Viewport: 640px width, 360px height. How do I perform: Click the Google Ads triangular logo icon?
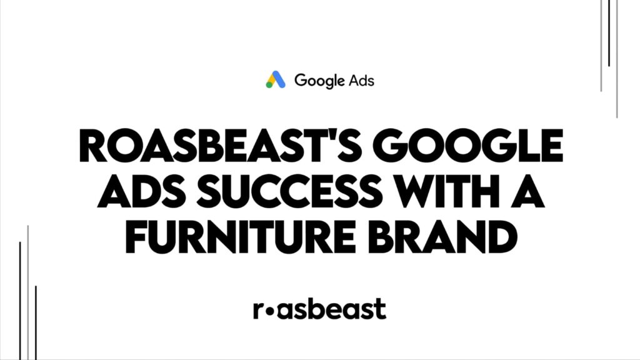(276, 79)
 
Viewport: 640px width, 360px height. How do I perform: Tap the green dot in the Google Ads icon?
(269, 85)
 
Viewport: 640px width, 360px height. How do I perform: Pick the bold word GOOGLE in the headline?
(467, 146)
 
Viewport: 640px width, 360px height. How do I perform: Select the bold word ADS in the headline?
(144, 191)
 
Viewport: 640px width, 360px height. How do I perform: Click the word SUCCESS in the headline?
(290, 191)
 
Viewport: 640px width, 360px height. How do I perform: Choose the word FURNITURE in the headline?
(241, 237)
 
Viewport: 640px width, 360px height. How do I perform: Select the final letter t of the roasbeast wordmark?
(381, 309)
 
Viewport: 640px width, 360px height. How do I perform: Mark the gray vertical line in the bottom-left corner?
(27, 292)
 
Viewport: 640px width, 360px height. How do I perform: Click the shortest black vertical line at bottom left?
(36, 323)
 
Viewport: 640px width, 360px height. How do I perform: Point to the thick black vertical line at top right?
(609, 33)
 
